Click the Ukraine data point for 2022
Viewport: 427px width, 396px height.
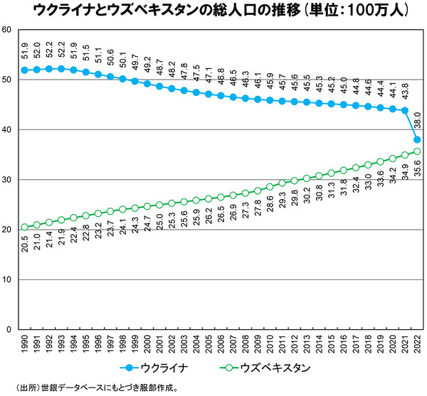click(417, 139)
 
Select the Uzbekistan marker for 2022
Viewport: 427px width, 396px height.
click(417, 151)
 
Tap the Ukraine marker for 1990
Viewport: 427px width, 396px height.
click(25, 70)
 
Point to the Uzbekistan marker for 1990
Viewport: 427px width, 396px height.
click(25, 227)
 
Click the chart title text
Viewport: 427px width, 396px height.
click(213, 11)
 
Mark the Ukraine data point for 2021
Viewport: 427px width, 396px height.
click(405, 110)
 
